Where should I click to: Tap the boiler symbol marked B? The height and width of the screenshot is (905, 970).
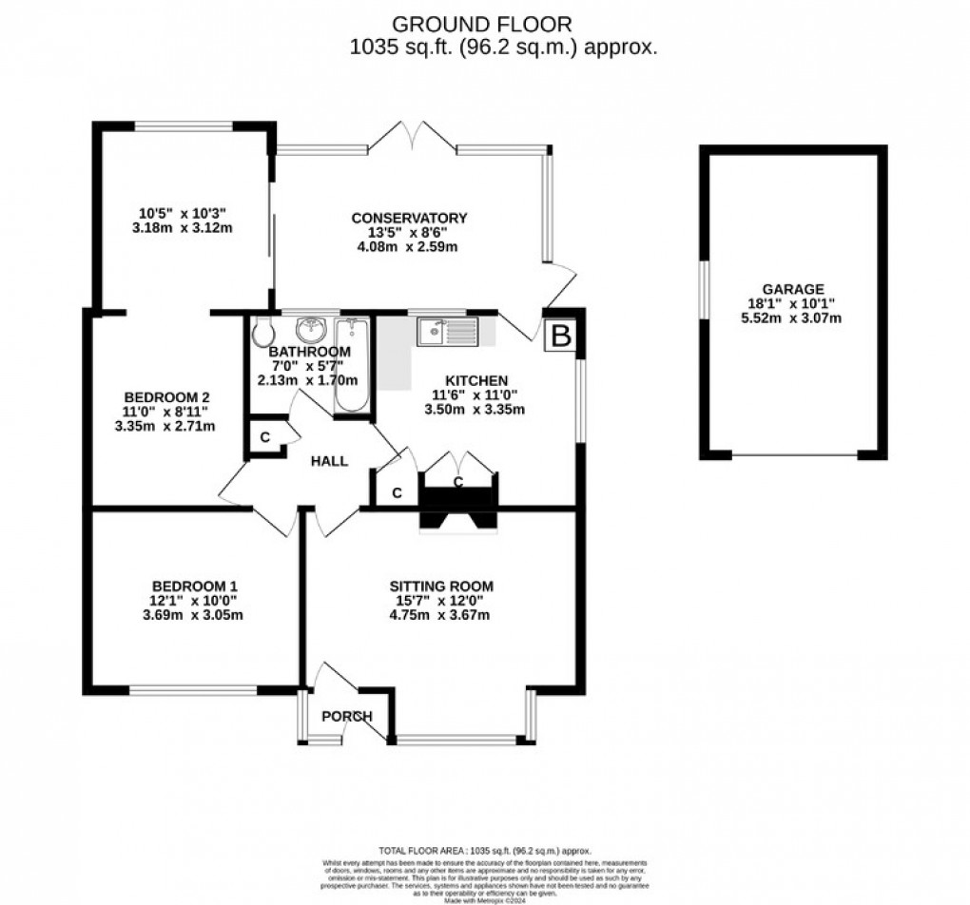pyautogui.click(x=562, y=336)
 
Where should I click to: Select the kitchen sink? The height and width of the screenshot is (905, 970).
pyautogui.click(x=448, y=331)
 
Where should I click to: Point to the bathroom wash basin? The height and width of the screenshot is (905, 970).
pyautogui.click(x=311, y=330)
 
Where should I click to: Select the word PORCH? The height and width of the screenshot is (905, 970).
pyautogui.click(x=346, y=716)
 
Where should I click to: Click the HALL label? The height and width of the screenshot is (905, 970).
pyautogui.click(x=329, y=461)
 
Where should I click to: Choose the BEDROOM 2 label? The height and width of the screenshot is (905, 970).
pyautogui.click(x=166, y=397)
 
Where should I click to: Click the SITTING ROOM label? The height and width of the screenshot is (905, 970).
pyautogui.click(x=440, y=586)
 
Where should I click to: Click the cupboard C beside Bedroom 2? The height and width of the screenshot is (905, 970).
pyautogui.click(x=264, y=438)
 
